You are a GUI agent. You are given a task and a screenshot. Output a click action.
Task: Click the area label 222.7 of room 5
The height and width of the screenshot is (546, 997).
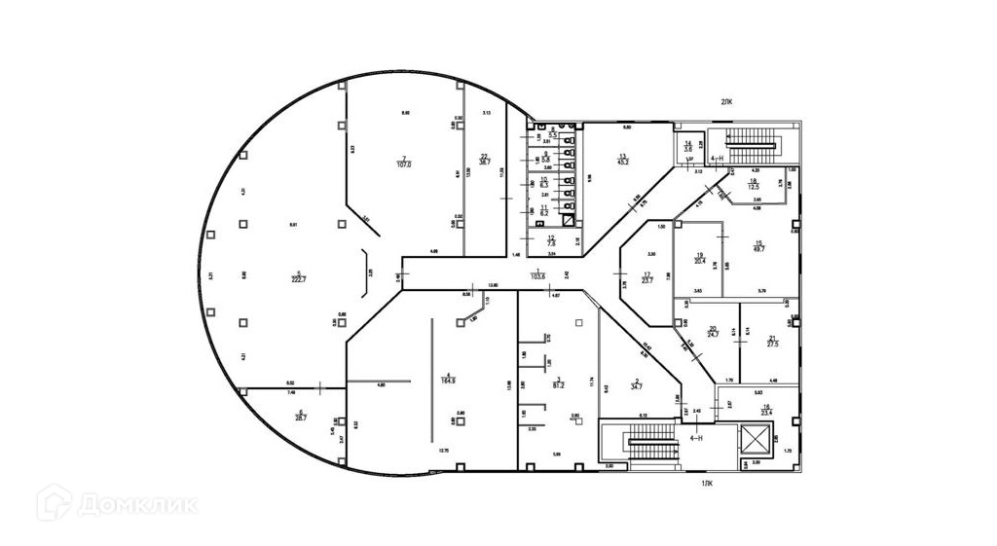pos(300,279)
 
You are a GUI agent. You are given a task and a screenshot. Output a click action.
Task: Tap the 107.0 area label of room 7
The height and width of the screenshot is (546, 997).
pos(403,164)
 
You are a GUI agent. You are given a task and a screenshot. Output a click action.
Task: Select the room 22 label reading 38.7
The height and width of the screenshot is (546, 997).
pos(485,162)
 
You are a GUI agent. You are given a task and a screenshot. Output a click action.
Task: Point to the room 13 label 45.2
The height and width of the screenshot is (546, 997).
pos(623,162)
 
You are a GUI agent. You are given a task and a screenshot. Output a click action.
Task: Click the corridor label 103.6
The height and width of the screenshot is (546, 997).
pos(536,276)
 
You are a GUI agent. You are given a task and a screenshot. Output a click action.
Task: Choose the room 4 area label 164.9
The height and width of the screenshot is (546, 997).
pos(449,380)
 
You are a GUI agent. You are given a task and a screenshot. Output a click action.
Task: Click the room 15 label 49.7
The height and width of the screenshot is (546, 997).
pos(759,248)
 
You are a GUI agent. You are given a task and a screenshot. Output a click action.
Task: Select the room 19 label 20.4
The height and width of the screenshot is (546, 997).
pos(699,260)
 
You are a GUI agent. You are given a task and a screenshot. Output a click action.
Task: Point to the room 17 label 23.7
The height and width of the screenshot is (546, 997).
pos(646,279)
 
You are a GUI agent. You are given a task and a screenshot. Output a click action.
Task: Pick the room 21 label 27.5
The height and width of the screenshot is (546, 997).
pos(772,344)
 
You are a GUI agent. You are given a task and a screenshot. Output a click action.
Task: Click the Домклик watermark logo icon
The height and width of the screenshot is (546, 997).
pos(54,504)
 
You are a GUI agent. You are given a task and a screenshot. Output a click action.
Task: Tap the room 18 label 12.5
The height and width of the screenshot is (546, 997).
pos(753,186)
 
